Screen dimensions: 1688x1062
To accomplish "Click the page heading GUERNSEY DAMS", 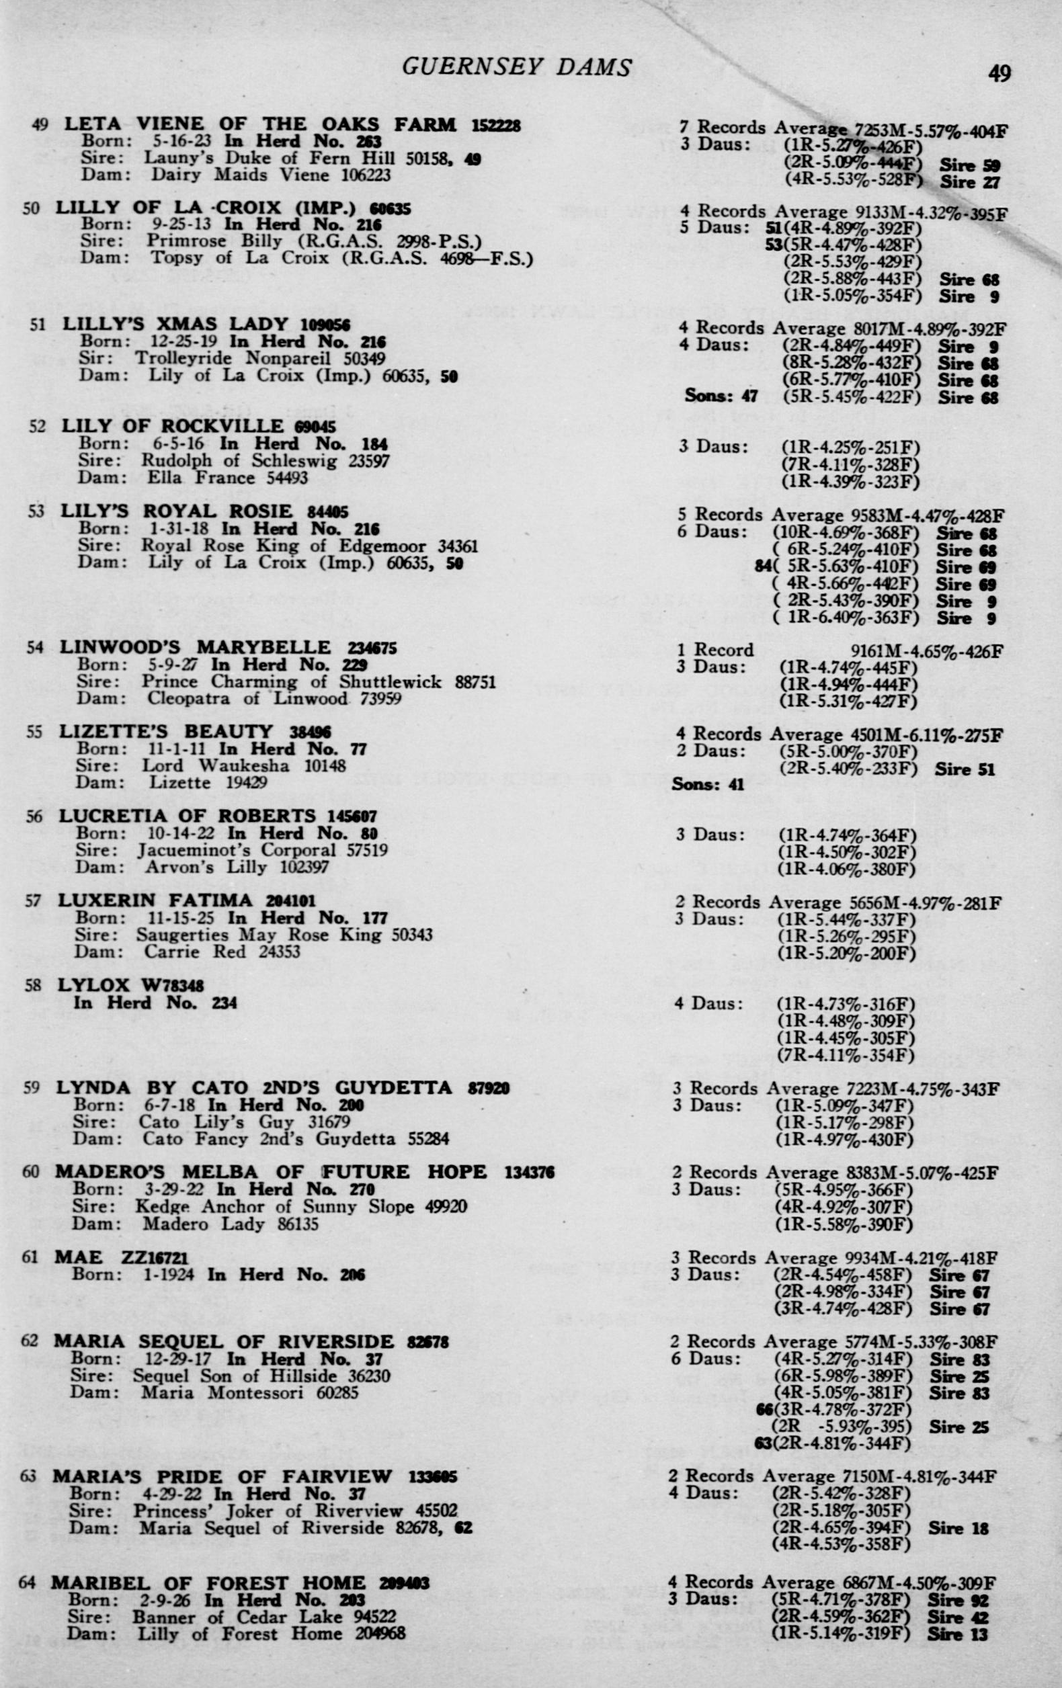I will click(517, 67).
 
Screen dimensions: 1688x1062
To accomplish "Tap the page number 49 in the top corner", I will click(999, 73).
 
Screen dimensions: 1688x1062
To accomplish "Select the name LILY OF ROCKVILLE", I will click(173, 426).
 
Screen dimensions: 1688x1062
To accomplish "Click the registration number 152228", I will click(495, 126).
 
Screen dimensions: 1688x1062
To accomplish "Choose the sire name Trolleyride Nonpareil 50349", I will click(260, 359).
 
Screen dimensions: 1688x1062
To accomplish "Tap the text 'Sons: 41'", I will click(707, 784).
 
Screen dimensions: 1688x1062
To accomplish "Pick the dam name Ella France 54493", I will click(227, 478).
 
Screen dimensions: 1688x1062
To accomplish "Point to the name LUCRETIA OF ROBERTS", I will click(187, 816).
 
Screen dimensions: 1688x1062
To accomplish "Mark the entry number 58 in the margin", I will click(33, 986).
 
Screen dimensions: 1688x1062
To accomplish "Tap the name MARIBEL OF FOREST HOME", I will click(208, 1584).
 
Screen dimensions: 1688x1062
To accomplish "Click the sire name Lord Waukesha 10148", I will click(244, 766).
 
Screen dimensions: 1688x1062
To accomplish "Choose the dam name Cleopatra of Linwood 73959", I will click(274, 699).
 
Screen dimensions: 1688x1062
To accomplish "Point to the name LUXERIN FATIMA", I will click(155, 900).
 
